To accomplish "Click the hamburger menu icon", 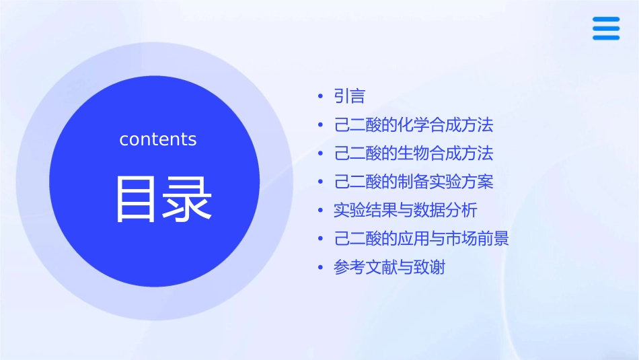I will [x=606, y=28].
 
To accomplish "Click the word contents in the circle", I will [x=158, y=139].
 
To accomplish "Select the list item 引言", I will [x=350, y=97].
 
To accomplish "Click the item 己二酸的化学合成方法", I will [x=414, y=125].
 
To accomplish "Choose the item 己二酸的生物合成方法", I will [x=414, y=153].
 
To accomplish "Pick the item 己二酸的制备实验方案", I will [x=414, y=182].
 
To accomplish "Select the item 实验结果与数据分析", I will [x=406, y=211].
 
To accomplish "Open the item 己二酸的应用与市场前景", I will [x=422, y=239].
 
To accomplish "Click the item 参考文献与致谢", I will [x=389, y=268].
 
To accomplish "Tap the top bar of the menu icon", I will [x=606, y=20].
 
